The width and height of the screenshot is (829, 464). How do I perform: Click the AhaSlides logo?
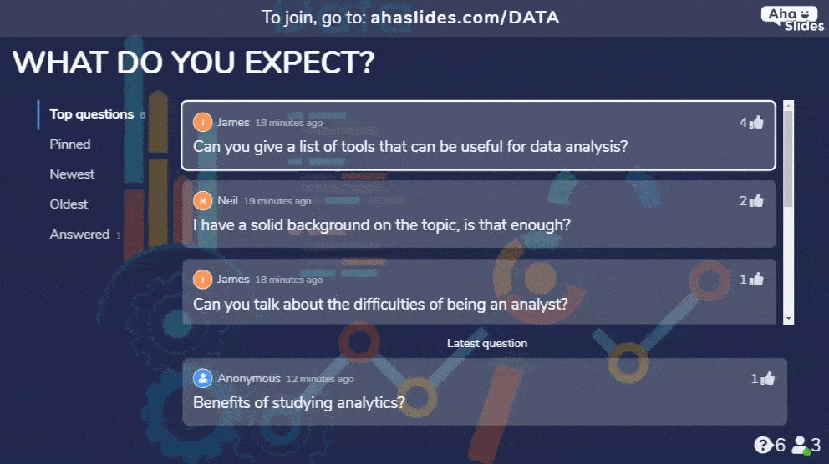coord(792,19)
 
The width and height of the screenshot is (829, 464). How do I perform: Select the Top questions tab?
coord(91,114)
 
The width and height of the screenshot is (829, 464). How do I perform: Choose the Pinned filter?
coord(70,144)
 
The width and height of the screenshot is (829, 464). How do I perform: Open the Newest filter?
coord(72,174)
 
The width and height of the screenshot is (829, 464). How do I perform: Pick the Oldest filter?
coord(69,204)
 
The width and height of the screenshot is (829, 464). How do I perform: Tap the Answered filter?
coord(79,235)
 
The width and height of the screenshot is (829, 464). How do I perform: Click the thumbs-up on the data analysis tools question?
coord(757,122)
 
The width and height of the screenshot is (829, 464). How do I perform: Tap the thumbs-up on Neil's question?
coord(757,200)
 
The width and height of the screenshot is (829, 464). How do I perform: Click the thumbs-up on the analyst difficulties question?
coord(757,279)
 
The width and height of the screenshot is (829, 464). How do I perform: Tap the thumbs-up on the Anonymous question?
coord(768,378)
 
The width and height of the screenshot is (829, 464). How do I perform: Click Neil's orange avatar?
coord(202,200)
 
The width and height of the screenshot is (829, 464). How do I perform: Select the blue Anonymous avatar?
coord(202,378)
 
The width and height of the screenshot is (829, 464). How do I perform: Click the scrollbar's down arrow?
coord(789,319)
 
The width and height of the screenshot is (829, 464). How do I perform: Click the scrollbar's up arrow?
coord(789,106)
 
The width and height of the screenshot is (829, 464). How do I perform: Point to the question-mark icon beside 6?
coord(762,445)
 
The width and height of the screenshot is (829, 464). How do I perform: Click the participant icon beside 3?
coord(801,446)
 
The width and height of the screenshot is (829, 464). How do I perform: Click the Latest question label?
coord(487,343)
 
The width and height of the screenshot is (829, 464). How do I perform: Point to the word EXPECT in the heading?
coord(309,63)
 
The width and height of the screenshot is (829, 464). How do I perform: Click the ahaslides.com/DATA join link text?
coord(465,18)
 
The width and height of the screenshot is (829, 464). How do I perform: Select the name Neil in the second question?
coord(228,200)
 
